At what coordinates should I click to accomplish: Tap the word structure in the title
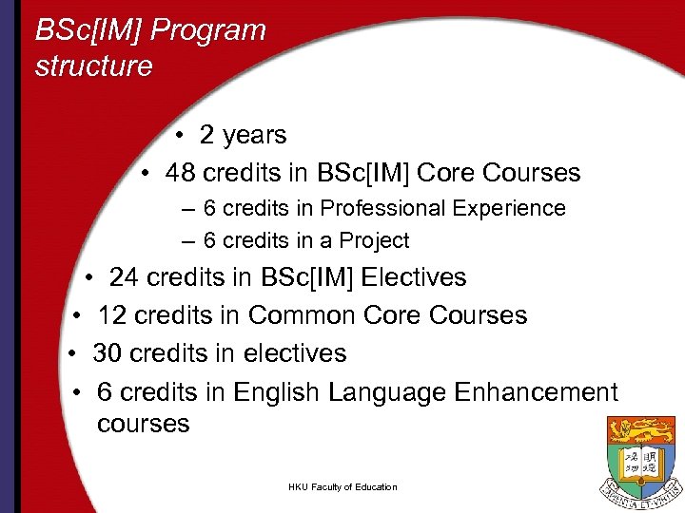pyautogui.click(x=93, y=66)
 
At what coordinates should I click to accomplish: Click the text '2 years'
pyautogui.click(x=243, y=135)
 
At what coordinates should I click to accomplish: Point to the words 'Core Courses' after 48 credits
pyautogui.click(x=499, y=173)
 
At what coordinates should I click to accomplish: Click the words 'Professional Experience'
pyautogui.click(x=442, y=208)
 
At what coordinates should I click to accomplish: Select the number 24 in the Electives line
pyautogui.click(x=124, y=277)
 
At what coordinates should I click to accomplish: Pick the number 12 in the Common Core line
pyautogui.click(x=112, y=315)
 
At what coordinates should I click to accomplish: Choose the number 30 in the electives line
pyautogui.click(x=108, y=353)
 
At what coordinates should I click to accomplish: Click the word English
pyautogui.click(x=276, y=392)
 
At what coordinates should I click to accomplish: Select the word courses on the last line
pyautogui.click(x=143, y=424)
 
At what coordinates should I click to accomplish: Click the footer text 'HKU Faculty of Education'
pyautogui.click(x=342, y=487)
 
